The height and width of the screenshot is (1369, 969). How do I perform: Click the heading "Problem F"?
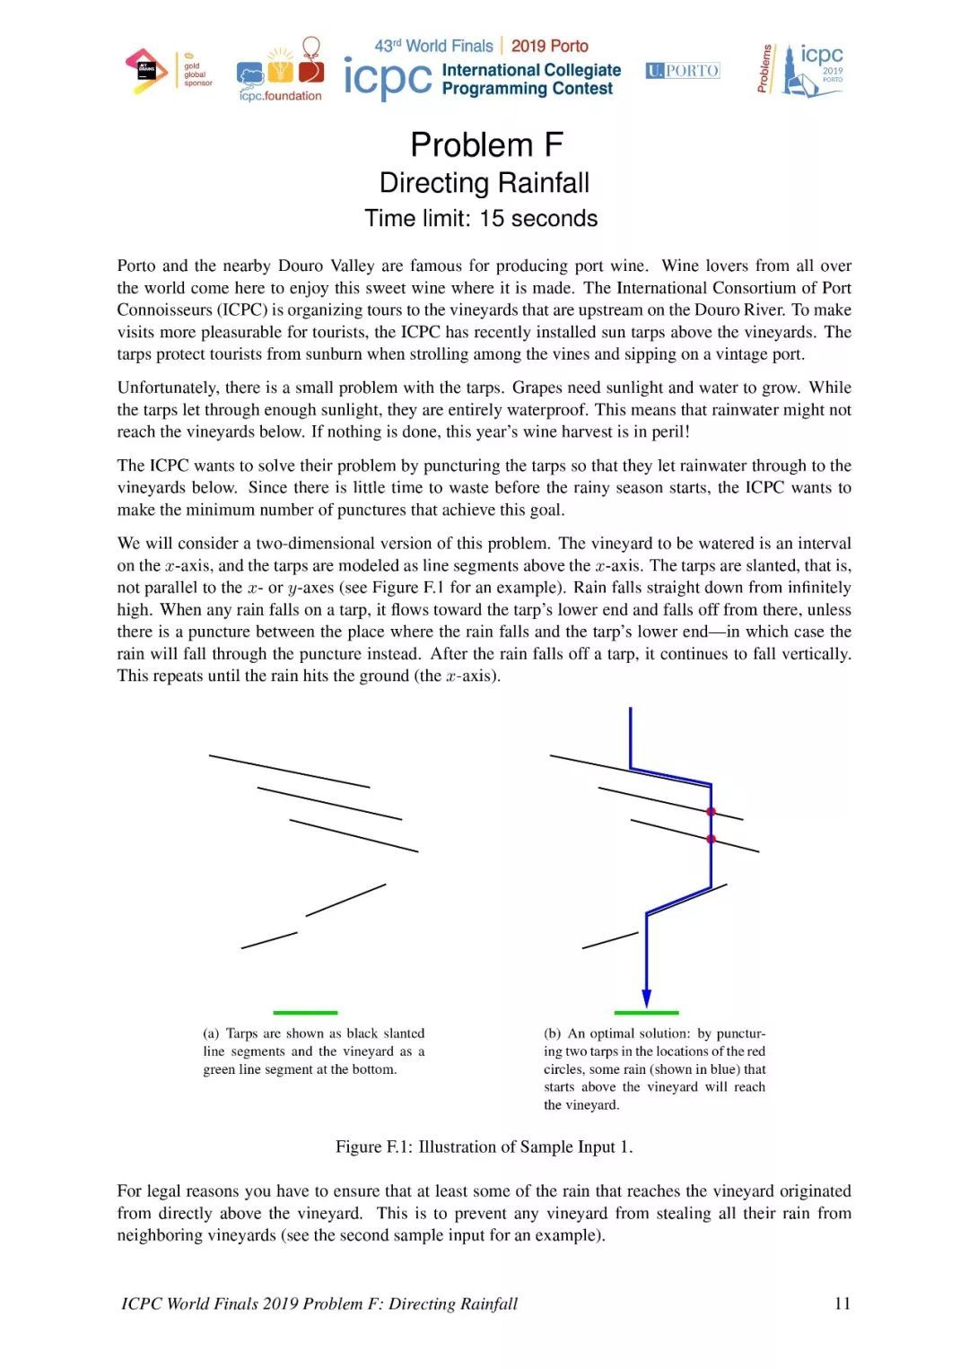[x=485, y=144]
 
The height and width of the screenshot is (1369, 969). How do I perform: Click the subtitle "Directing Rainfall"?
[x=484, y=183]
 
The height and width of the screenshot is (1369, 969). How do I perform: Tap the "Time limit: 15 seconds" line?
[x=481, y=219]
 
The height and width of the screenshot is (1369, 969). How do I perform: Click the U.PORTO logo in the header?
[x=683, y=71]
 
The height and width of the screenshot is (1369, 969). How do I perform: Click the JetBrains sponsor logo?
[x=146, y=72]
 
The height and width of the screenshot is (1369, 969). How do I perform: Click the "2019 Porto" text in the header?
[x=549, y=46]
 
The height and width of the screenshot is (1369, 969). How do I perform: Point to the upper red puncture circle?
[x=711, y=812]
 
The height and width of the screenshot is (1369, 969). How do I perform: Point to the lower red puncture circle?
[x=711, y=839]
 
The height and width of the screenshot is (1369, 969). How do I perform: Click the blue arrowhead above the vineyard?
[x=646, y=998]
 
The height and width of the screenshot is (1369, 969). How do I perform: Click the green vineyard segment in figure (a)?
[x=305, y=1012]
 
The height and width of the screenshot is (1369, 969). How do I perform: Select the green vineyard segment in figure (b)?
[x=646, y=1012]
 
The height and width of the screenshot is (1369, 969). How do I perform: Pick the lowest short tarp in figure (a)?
[x=269, y=940]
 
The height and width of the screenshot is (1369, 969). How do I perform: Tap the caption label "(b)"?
[x=553, y=1033]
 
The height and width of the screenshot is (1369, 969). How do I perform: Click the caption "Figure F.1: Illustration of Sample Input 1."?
[x=484, y=1147]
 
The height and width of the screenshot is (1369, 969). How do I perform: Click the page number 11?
[x=842, y=1304]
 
